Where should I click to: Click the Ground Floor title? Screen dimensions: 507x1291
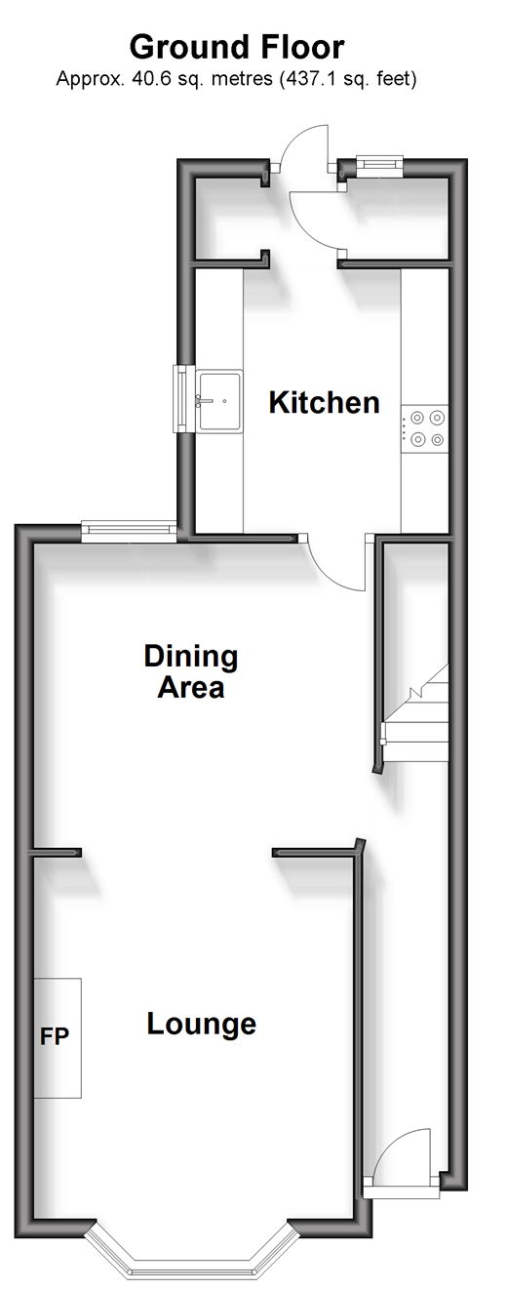pos(237,48)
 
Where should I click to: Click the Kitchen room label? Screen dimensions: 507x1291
pos(325,402)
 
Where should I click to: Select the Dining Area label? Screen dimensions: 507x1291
pos(191,671)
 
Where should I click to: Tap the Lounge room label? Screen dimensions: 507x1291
pos(202,1025)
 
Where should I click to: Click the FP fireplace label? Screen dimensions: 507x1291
pos(55,1037)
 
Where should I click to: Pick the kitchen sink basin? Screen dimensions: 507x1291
pos(219,401)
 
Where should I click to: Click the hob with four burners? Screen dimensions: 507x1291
pos(425,428)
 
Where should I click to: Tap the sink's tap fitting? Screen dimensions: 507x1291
pos(204,400)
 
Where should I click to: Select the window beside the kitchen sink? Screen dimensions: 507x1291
pos(181,398)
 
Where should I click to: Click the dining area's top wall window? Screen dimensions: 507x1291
pos(129,531)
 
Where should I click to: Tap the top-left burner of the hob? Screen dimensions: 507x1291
pos(417,417)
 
